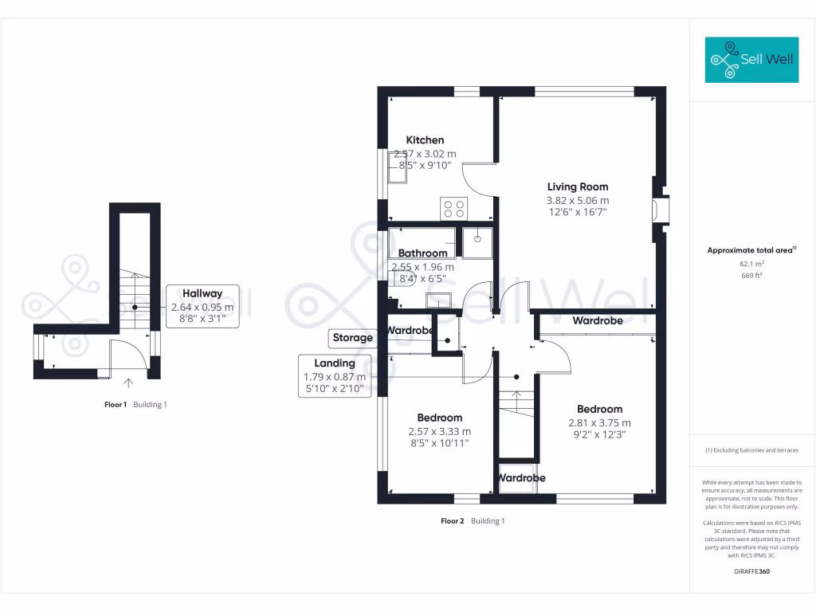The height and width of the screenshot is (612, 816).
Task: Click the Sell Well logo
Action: pos(751,60)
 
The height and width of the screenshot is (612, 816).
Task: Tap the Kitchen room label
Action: pos(425,140)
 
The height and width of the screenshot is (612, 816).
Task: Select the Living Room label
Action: pos(577,187)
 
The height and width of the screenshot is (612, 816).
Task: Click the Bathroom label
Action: pos(422,253)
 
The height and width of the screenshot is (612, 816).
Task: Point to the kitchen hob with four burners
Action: pos(454,209)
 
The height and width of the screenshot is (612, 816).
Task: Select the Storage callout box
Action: pos(352,338)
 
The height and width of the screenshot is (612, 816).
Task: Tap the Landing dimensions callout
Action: pos(335,376)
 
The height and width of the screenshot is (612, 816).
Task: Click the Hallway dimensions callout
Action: pos(202,306)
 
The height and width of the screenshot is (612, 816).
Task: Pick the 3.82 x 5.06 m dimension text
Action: pos(577,201)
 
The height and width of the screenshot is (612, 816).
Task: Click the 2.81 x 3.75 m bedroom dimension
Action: pos(599,423)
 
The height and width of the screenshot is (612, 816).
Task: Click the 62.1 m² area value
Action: pos(751,263)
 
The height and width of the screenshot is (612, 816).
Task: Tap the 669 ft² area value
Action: pos(751,276)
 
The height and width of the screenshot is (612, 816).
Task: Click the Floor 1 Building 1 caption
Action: pos(135,405)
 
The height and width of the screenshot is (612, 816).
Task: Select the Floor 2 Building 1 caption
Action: pos(473,521)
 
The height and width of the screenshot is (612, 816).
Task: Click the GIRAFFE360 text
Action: pos(751,571)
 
